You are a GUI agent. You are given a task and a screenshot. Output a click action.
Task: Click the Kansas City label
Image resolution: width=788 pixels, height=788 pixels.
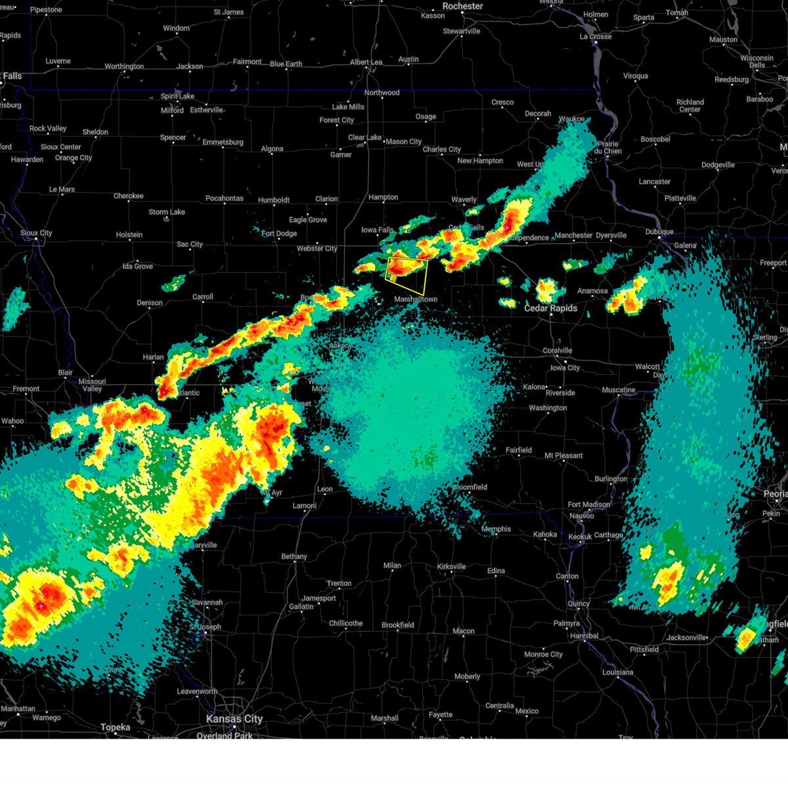(x=234, y=719)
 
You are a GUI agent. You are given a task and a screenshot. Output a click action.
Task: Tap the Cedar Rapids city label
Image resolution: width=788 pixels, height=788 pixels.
(x=550, y=308)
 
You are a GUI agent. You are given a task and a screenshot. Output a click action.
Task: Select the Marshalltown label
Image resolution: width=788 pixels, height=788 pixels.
(x=416, y=299)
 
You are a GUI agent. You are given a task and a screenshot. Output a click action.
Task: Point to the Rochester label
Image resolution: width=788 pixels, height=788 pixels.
(x=462, y=6)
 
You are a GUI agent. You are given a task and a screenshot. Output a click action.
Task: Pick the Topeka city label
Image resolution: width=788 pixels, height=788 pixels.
(x=116, y=727)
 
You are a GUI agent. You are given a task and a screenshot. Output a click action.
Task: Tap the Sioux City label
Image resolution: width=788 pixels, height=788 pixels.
(x=36, y=233)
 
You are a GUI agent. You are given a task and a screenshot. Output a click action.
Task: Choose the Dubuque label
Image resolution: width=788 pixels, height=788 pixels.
(x=659, y=232)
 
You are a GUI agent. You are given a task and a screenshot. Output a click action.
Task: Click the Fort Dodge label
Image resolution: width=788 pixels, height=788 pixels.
(x=279, y=233)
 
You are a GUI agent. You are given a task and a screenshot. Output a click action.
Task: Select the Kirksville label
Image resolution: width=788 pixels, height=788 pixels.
(x=451, y=566)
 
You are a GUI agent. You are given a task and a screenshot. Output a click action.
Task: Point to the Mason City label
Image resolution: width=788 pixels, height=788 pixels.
(x=403, y=141)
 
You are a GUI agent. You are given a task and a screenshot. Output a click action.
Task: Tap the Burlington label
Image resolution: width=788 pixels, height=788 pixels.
(x=611, y=479)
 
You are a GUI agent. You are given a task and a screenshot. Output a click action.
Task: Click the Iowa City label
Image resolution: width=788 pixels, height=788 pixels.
(x=565, y=368)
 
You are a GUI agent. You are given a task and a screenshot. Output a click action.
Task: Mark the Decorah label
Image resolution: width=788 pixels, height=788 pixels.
(x=538, y=114)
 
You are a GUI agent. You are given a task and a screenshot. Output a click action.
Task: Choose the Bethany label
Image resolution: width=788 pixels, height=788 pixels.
(x=294, y=556)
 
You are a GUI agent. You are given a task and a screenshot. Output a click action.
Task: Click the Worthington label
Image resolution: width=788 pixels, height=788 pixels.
(x=124, y=66)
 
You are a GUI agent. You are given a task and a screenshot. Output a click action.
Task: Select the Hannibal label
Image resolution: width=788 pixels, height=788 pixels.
(x=584, y=636)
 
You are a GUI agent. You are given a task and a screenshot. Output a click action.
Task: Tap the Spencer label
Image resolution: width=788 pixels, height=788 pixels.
(x=173, y=138)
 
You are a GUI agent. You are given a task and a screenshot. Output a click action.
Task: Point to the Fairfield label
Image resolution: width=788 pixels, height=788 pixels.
(x=519, y=450)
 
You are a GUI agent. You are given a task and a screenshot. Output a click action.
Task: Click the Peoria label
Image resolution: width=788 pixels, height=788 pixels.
(x=775, y=494)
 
